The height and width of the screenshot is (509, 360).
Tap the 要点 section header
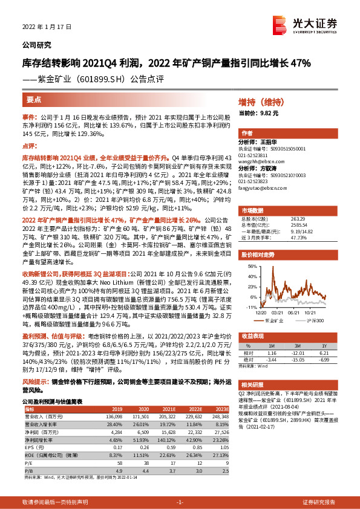coord(34,100)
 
